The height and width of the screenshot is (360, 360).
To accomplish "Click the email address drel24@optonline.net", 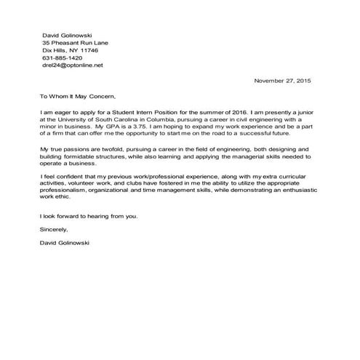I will pyautogui.click(x=73, y=65).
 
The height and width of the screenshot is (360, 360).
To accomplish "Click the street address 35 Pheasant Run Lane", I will pyautogui.click(x=76, y=43).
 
